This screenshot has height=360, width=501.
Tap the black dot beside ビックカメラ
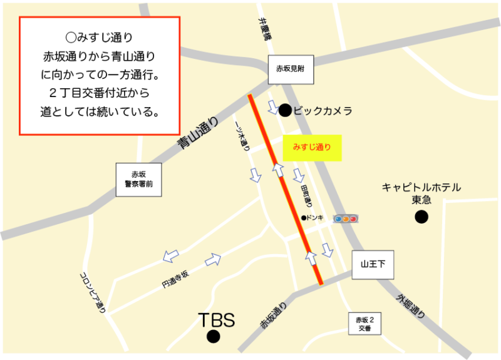tap(285, 111)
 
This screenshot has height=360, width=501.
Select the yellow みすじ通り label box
tap(312, 148)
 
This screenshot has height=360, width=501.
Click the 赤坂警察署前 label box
tap(138, 180)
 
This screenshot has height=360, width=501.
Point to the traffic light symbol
tap(345, 219)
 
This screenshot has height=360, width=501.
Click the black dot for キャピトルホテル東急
tap(421, 217)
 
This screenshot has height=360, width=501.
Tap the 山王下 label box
tap(373, 265)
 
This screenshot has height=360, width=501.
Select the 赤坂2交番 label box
tap(365, 324)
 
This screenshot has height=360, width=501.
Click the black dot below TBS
tap(214, 337)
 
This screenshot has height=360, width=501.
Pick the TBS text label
tap(216, 321)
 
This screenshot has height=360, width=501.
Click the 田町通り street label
tap(306, 196)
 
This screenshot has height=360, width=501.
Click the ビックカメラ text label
tap(323, 111)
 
